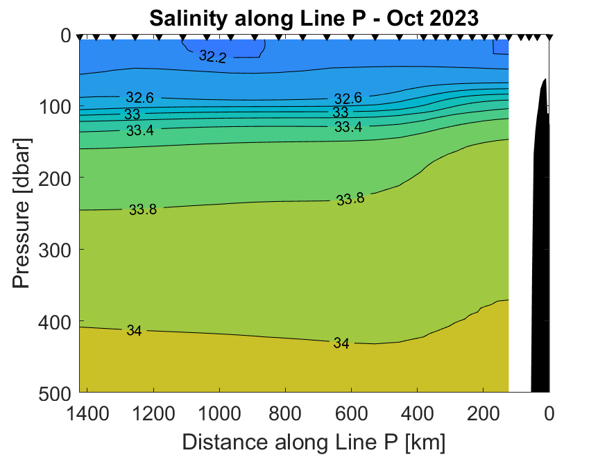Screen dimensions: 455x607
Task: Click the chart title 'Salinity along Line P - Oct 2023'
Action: pos(314,17)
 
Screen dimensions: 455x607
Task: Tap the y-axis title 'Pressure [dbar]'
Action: pos(22,213)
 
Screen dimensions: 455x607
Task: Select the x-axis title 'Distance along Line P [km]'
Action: pos(314,441)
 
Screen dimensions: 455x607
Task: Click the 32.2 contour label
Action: pos(212,57)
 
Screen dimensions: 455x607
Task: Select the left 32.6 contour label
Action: pos(140,98)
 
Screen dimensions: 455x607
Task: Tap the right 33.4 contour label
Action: pos(348,127)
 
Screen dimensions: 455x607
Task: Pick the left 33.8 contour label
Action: pos(143,209)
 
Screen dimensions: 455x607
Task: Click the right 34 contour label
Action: pos(341,343)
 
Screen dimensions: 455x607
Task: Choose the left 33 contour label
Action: pos(132,114)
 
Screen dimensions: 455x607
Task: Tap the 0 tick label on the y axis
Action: pos(67,35)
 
